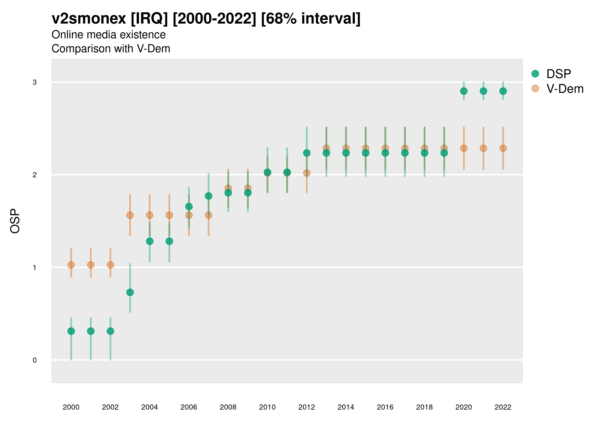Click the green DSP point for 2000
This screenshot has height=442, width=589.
71,331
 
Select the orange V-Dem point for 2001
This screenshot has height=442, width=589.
91,265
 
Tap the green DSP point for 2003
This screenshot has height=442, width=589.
130,292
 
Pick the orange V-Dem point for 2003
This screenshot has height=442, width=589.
130,215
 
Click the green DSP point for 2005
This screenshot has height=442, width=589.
169,241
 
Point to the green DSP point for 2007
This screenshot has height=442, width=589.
209,196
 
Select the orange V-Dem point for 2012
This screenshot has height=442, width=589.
307,173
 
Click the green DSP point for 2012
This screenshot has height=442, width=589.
307,153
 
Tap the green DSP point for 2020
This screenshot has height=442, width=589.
464,91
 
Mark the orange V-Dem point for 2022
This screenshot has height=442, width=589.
503,148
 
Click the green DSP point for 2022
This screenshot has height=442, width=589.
503,91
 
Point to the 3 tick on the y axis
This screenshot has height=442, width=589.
35,82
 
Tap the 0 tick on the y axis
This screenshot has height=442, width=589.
35,360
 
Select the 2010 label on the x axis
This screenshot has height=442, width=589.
267,407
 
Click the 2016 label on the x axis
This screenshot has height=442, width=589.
385,407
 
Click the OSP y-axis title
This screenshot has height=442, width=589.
15,221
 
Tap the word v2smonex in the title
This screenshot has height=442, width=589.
89,19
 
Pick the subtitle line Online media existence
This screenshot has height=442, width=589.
109,35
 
